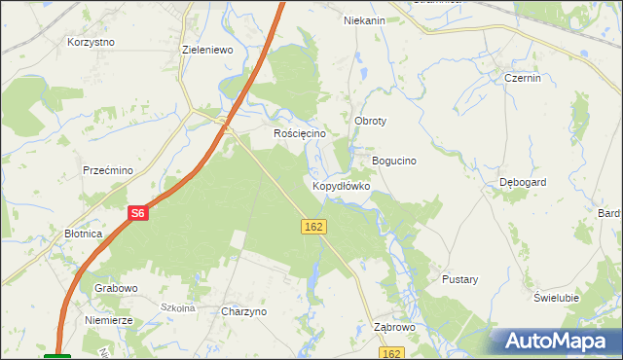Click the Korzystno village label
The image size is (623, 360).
(91, 43)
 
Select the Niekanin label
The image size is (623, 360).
(365, 20)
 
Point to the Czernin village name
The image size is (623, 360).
(523, 78)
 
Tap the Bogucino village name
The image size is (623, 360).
(394, 161)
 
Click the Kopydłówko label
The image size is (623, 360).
(341, 185)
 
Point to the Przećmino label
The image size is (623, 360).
(107, 169)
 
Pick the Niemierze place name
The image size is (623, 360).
(108, 318)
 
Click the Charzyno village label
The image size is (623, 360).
(244, 312)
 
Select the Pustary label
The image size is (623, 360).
(460, 279)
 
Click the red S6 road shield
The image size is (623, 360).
(138, 213)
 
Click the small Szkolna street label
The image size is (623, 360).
(179, 307)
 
